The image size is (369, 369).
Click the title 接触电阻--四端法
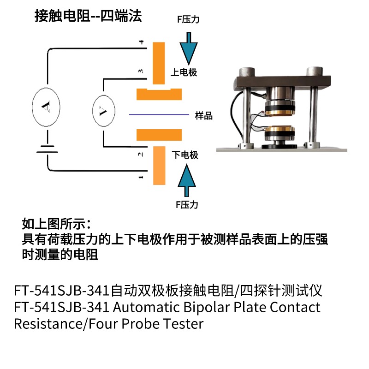pyautogui.click(x=88, y=17)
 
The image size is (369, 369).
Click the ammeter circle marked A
pyautogui.click(x=46, y=107)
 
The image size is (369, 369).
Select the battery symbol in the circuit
pyautogui.click(x=47, y=148)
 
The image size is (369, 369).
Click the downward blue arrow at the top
pyautogui.click(x=189, y=47)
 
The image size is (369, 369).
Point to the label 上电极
pyautogui.click(x=184, y=72)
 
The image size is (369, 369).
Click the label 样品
pyautogui.click(x=204, y=116)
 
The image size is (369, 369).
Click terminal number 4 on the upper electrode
pyautogui.click(x=141, y=43)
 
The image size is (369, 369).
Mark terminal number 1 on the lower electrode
pyautogui.click(x=141, y=177)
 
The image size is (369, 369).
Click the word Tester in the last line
pyautogui.click(x=183, y=323)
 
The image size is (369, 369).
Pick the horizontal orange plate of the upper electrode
pyautogui.click(x=159, y=94)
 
